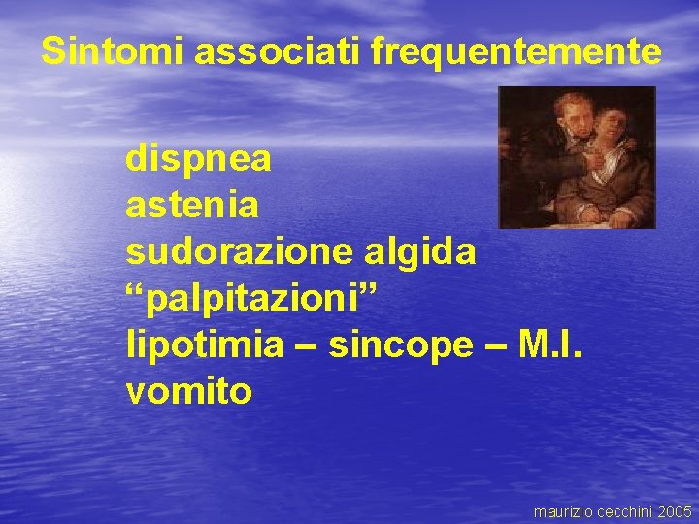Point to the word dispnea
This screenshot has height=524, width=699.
click(198, 160)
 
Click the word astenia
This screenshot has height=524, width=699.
click(192, 206)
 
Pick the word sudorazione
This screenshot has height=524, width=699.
click(240, 252)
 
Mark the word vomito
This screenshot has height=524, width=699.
click(189, 391)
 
